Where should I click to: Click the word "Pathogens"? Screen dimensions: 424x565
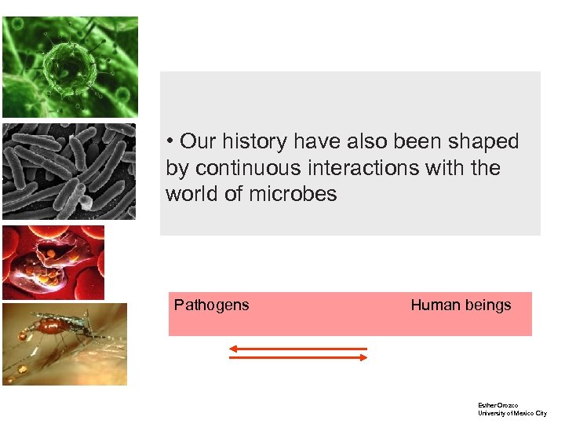211,305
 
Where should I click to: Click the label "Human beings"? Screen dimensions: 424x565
461,305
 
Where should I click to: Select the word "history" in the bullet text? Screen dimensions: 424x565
256,141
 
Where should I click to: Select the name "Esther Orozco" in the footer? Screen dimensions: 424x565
498,404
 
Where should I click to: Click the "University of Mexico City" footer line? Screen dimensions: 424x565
512,413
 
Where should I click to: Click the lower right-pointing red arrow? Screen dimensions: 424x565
298,357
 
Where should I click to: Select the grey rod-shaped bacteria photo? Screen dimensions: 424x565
69,171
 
